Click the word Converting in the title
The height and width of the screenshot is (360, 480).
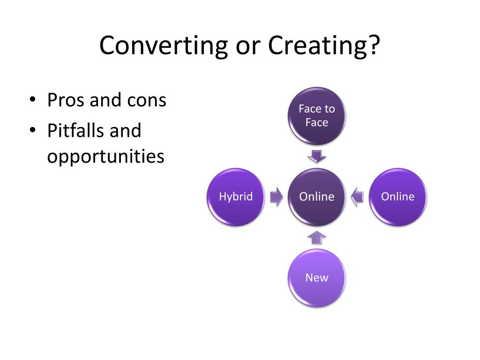(157, 46)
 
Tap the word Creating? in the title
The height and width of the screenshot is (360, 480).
(323, 46)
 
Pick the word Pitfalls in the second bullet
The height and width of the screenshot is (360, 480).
(76, 130)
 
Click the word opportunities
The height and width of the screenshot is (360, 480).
(105, 157)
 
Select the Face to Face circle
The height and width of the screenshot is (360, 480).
(317, 116)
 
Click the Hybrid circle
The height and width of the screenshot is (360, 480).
(236, 197)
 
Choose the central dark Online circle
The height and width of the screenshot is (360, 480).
(317, 197)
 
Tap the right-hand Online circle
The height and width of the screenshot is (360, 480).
(398, 197)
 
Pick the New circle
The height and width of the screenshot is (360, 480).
(317, 278)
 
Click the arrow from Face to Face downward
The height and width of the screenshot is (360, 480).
(317, 156)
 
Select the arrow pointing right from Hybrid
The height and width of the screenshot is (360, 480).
(277, 197)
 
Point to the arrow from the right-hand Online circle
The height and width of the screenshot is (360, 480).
(357, 197)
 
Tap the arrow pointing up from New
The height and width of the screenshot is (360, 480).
(317, 237)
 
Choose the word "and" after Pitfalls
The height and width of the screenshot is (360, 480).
(125, 130)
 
